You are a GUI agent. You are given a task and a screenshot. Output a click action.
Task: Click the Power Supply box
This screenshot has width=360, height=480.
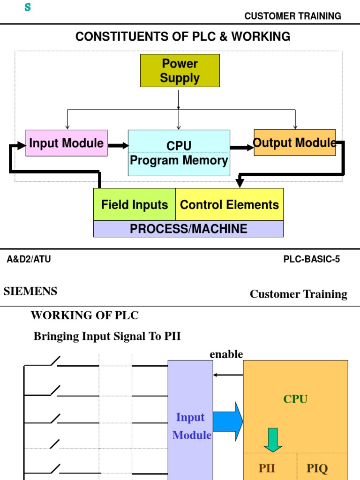pos(180,71)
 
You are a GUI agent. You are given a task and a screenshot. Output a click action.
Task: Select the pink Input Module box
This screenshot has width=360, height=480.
pos(67,143)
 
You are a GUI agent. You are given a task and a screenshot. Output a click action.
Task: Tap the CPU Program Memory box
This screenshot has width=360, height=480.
pos(179,153)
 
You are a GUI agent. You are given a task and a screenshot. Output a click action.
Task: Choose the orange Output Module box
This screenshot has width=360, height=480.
pos(294,142)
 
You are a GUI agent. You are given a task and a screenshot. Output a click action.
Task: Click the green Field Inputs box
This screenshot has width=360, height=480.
pos(135,204)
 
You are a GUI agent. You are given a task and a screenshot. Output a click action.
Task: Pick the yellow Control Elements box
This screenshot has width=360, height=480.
pos(229,204)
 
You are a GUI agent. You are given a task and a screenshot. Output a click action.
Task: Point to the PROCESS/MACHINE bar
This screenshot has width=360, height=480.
pos(188,229)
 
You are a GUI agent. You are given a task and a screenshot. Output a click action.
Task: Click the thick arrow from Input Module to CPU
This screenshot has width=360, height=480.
pos(118,146)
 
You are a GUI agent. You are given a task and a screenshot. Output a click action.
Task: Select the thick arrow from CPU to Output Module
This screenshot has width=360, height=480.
pos(242,148)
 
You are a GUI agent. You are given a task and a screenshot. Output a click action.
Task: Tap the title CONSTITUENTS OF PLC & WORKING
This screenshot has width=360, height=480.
pos(183,37)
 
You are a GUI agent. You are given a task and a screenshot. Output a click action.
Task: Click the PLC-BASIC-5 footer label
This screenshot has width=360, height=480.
pos(312,259)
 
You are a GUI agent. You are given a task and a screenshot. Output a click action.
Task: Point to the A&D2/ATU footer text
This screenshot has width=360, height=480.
pos(29,259)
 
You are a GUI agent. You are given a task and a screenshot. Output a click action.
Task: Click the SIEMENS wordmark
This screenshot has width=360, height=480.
pos(30,291)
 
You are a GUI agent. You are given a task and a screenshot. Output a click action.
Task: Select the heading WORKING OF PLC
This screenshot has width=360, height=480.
pos(85,315)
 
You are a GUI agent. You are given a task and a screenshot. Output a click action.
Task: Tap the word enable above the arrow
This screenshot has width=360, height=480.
pos(226,354)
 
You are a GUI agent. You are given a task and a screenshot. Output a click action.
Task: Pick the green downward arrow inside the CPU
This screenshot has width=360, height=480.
pos(273,439)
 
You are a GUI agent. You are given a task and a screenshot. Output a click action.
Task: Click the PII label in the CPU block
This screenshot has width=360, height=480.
pos(267,468)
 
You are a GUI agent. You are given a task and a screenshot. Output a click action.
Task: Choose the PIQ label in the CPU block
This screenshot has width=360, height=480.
pos(317,468)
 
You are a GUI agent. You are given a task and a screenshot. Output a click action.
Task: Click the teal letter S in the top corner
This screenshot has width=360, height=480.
pos(28,7)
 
